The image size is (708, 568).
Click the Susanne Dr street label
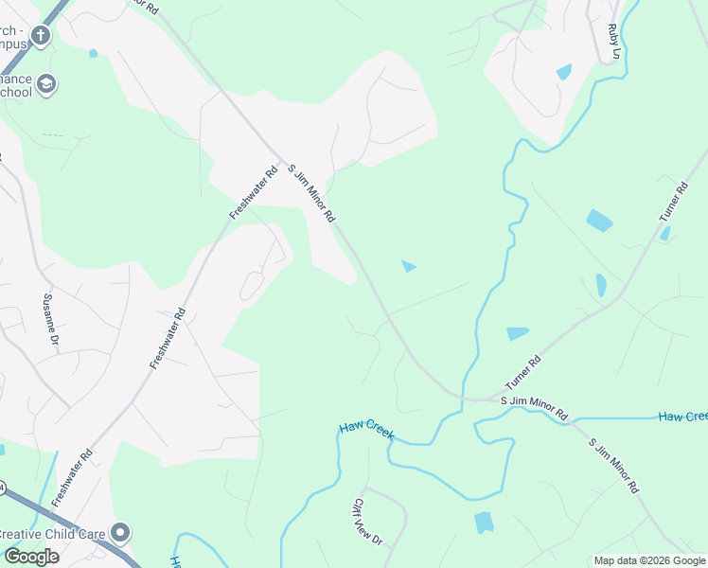(x=51, y=319)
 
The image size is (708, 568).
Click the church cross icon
(x=40, y=36)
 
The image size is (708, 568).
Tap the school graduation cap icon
(x=45, y=85)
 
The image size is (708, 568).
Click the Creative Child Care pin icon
(x=119, y=533)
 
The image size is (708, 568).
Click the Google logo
(x=30, y=556)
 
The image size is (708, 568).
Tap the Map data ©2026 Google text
(x=649, y=560)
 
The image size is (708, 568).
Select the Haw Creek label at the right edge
(x=682, y=417)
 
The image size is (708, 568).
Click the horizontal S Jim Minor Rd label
(x=534, y=408)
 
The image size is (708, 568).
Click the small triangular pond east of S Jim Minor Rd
(x=408, y=266)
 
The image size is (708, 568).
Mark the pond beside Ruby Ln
(x=564, y=72)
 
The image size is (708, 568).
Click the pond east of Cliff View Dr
(x=484, y=522)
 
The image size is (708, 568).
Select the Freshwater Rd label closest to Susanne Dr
(x=167, y=338)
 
